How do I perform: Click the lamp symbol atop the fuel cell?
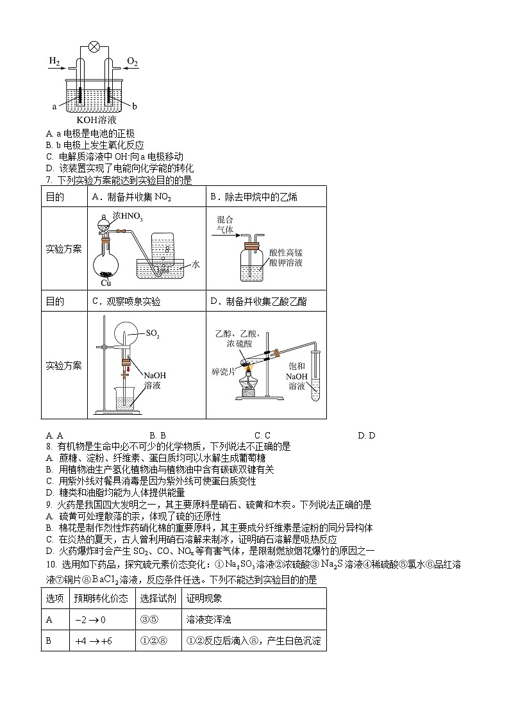point(94,46)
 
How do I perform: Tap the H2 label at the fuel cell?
point(54,62)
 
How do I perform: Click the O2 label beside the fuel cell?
point(132,62)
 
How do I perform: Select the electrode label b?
point(135,106)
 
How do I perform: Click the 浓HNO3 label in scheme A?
point(122,216)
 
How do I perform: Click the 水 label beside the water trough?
point(196,264)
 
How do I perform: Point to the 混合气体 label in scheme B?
point(225,224)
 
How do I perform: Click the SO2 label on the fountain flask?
point(153,333)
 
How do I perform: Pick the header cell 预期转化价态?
point(101,598)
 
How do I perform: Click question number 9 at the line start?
point(49,505)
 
